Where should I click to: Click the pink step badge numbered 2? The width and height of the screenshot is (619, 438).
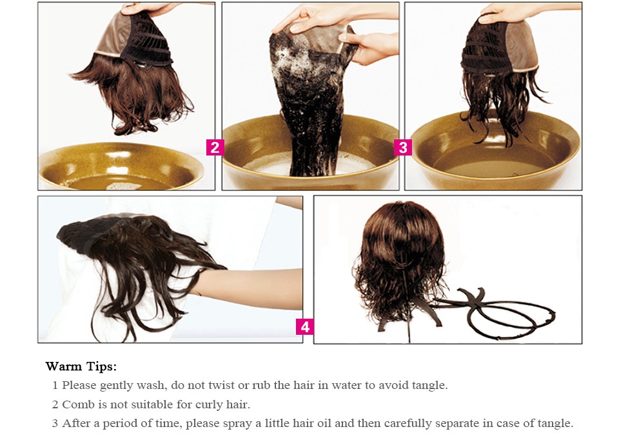[215, 147]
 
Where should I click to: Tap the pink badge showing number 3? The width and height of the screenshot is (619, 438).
[402, 147]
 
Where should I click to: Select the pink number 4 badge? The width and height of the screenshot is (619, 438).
[305, 327]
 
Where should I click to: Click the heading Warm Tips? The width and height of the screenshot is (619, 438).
[81, 366]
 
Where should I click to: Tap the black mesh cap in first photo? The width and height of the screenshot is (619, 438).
[148, 39]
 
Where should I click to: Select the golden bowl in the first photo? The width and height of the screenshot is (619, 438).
[121, 166]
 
